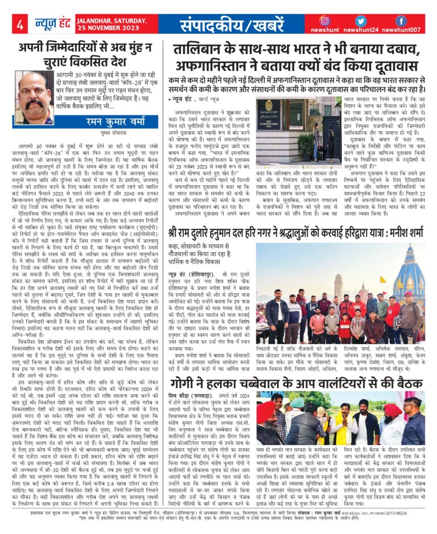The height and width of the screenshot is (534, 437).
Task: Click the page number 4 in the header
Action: coord(20,25)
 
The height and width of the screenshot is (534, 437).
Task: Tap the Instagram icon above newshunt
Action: coord(325,20)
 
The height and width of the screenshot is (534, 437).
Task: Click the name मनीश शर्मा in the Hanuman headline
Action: coord(398,233)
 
